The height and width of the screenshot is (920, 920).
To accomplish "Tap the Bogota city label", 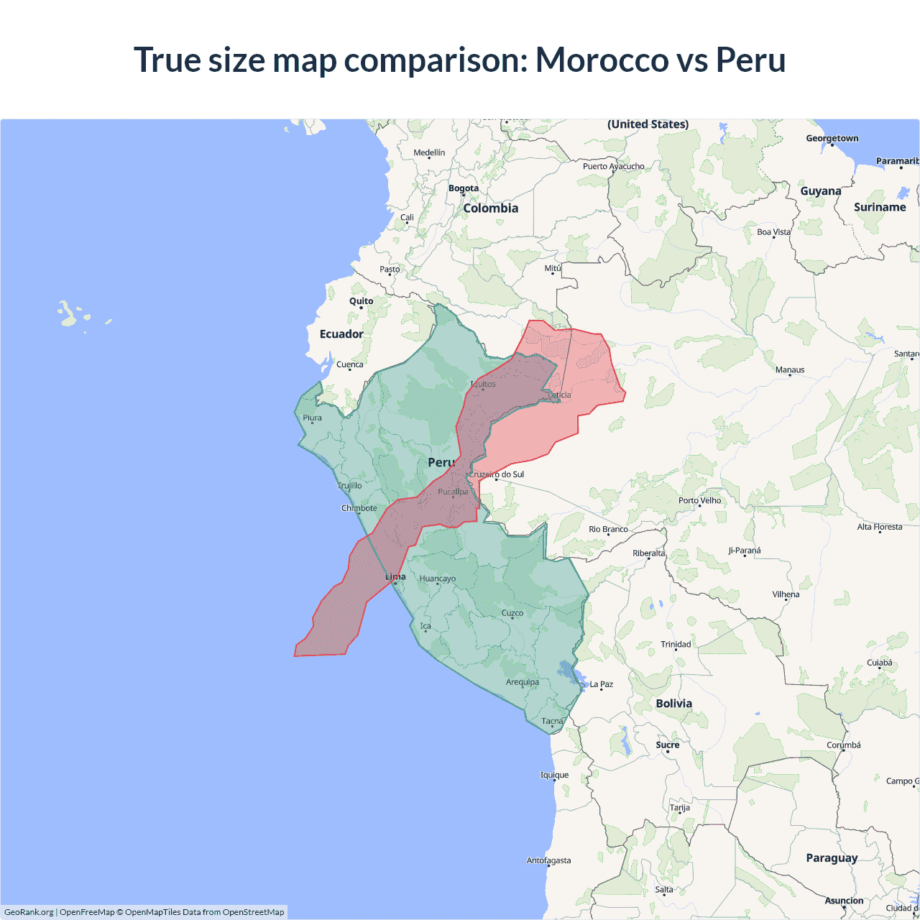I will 464,188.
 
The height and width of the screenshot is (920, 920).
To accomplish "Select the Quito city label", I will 361,301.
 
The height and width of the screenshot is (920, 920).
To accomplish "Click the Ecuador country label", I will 341,334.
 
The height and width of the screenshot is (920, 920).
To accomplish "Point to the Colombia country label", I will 490,208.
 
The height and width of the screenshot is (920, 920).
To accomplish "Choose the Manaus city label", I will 790,370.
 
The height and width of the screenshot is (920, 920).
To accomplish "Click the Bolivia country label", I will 673,704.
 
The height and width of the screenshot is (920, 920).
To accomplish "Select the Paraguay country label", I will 832,858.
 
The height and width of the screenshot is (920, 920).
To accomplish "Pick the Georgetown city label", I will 832,139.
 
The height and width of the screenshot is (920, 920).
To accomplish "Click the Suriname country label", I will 880,208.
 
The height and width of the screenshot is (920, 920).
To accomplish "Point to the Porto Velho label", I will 699,501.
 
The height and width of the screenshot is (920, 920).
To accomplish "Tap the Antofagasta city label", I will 548,860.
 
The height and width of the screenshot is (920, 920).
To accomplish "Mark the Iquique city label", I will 554,775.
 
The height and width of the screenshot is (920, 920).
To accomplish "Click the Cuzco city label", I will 512,613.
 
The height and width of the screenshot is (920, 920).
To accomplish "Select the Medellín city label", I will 429,152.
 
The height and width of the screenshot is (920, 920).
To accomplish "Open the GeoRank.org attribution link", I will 29,912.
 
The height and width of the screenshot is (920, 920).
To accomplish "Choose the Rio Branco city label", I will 608,530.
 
